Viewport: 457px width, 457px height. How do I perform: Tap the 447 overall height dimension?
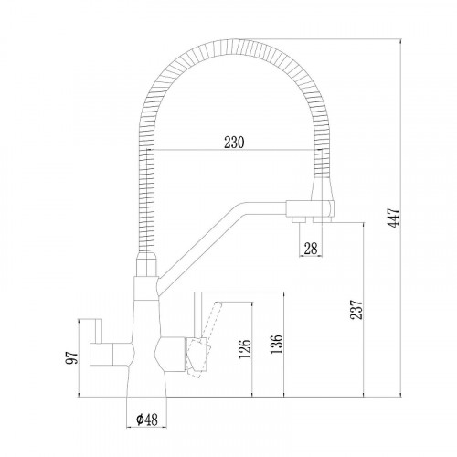point(394,218)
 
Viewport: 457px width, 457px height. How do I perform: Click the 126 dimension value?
point(245,351)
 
